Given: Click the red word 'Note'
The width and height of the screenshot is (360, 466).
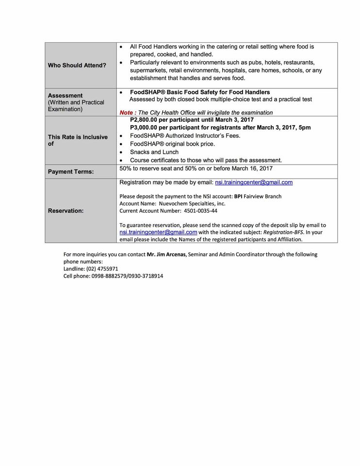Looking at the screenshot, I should click(127, 113).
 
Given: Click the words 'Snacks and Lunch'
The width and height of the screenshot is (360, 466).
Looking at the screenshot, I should click(154, 152).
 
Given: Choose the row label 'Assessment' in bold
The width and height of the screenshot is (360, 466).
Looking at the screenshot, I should click(65, 96).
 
